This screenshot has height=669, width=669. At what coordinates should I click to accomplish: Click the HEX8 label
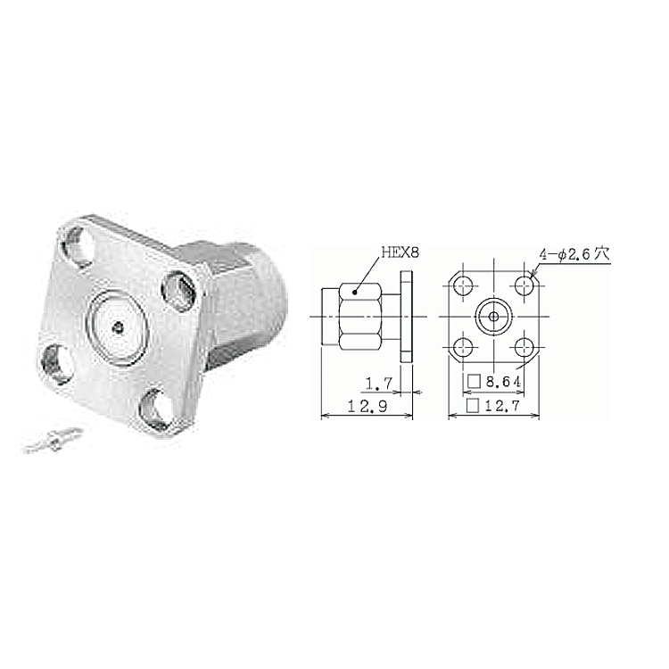point(400,252)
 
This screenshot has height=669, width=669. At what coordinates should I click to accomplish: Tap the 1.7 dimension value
point(379,384)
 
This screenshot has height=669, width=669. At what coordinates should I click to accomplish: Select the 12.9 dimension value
point(368,406)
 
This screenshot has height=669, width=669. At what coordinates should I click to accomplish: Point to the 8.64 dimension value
point(503,382)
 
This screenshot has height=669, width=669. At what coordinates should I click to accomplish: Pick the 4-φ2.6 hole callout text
point(574,255)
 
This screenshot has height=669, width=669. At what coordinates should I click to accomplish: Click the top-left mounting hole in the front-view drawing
point(463,285)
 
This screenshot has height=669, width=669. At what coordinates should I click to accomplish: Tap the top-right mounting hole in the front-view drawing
point(524,285)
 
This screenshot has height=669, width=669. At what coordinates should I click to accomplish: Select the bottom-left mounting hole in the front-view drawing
point(463,347)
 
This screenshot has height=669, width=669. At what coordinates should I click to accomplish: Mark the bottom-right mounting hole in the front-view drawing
point(524,347)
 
